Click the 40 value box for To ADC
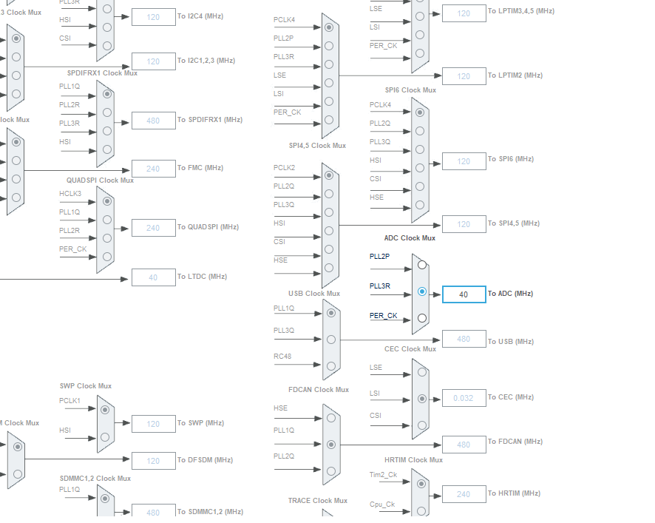point(464,294)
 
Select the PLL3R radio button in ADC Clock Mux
point(421,291)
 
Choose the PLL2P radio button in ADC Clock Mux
point(421,264)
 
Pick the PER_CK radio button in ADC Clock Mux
point(421,318)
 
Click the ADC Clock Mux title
point(410,238)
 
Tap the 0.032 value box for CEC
point(464,398)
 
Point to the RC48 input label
point(282,357)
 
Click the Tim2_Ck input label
point(383,475)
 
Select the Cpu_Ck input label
point(383,504)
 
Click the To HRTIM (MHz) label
point(514,493)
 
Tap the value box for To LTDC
point(153,277)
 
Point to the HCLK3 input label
point(71,194)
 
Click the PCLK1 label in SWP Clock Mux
point(70,400)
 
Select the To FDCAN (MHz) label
point(515,442)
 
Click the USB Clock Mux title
point(314,294)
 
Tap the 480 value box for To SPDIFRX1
point(153,121)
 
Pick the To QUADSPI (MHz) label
point(208,227)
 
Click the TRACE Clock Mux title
point(318,501)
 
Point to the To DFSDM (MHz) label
point(205,460)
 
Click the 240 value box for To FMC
point(153,169)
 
